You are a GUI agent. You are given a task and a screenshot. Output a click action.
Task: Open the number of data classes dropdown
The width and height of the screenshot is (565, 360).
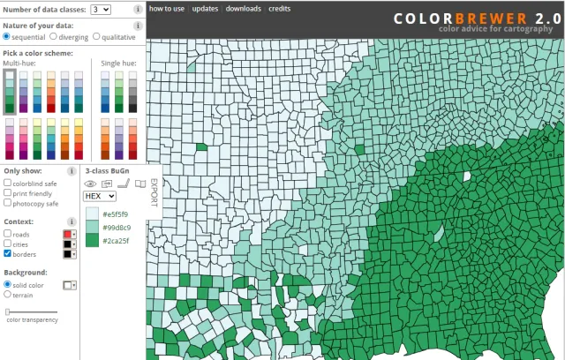point(100,9)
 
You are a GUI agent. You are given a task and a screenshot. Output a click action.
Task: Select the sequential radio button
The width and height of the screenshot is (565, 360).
point(7,37)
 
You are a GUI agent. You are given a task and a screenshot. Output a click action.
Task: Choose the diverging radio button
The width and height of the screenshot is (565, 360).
point(54,37)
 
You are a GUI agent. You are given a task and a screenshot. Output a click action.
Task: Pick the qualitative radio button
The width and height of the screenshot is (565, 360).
point(96,37)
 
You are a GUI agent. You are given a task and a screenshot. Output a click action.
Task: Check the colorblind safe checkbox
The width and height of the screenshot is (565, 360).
point(8,184)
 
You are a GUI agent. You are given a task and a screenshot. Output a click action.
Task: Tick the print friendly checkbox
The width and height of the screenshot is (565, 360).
point(8,193)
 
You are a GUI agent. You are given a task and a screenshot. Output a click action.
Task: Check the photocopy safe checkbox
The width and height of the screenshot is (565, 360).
point(8,203)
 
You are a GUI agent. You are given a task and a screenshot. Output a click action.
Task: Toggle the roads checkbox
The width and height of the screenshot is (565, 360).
point(8,234)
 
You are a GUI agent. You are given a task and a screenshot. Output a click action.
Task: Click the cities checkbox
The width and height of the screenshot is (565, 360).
point(8,244)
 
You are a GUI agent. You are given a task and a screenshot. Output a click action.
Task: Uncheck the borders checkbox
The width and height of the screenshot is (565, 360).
point(8,254)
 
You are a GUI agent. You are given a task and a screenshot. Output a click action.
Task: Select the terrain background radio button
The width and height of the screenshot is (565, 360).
point(8,295)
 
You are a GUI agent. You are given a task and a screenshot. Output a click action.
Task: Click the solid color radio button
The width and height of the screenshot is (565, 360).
point(8,285)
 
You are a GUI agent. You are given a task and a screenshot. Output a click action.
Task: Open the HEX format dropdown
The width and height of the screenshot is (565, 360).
point(100,196)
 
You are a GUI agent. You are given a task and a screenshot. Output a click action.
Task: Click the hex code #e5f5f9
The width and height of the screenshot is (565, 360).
point(116,214)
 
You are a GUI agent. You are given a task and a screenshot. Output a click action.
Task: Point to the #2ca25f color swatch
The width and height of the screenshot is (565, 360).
point(92,240)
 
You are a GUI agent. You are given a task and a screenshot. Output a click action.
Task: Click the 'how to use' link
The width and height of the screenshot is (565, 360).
point(166,8)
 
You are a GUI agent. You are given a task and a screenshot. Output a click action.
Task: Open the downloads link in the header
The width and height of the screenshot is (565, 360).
point(243,8)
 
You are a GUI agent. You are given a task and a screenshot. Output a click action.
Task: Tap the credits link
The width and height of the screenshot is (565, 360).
point(279,8)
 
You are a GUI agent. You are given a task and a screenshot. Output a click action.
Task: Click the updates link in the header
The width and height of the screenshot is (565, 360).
point(205,8)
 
